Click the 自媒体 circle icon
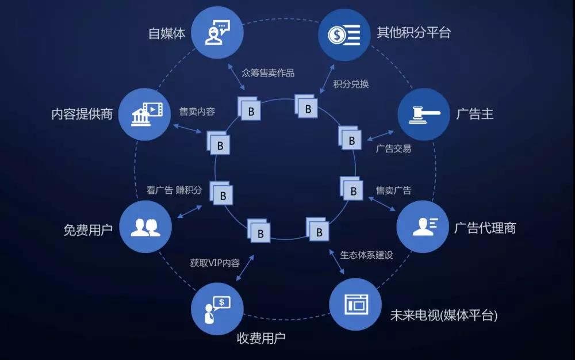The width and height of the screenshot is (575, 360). click(217, 32)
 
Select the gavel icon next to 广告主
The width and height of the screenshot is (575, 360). click(424, 115)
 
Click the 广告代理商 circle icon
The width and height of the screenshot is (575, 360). click(423, 227)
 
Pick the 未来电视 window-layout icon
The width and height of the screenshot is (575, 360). click(356, 304)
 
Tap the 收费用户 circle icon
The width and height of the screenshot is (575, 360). click(217, 309)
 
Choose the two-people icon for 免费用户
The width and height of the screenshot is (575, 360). click(145, 227)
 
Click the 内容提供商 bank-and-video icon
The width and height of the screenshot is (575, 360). click(147, 114)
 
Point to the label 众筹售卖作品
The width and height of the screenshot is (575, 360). click(268, 73)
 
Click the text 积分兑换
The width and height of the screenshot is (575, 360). click(351, 84)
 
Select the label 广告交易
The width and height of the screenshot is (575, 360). click(393, 148)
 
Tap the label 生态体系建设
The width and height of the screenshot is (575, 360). click(367, 255)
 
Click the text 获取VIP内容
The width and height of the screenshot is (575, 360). click(215, 263)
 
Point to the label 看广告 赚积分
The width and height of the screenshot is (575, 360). click(174, 190)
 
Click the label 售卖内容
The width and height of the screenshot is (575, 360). click(197, 112)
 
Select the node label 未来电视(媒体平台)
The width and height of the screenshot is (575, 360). click(444, 315)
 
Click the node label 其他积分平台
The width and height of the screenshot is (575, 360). click(413, 33)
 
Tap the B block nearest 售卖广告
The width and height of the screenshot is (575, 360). click(352, 189)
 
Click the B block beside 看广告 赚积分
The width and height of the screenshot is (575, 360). click(221, 193)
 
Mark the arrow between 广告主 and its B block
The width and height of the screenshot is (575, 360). click(380, 136)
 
